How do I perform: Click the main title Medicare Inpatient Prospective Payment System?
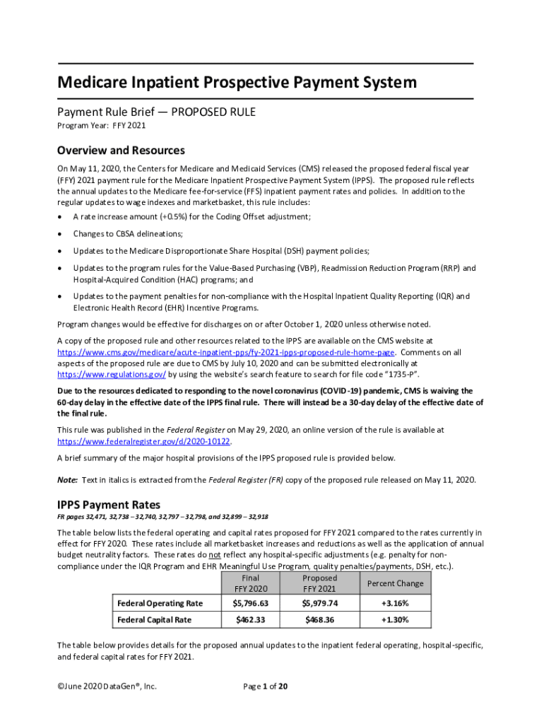pos(237,83)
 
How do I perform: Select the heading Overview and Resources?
pos(121,151)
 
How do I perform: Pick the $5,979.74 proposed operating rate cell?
pos(319,603)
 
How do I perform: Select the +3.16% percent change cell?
pos(395,603)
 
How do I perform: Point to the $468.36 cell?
pos(319,620)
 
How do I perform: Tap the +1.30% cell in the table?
pos(395,620)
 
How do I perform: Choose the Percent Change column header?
pos(395,583)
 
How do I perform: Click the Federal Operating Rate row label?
pos(160,603)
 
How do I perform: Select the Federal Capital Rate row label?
pos(154,620)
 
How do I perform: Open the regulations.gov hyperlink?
pos(112,374)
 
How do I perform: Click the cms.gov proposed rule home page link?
pos(226,352)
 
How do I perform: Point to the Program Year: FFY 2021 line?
pos(101,126)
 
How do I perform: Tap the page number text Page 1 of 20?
pos(265,687)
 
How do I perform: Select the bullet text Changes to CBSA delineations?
pos(128,234)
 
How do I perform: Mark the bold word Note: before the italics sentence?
pos(67,480)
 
